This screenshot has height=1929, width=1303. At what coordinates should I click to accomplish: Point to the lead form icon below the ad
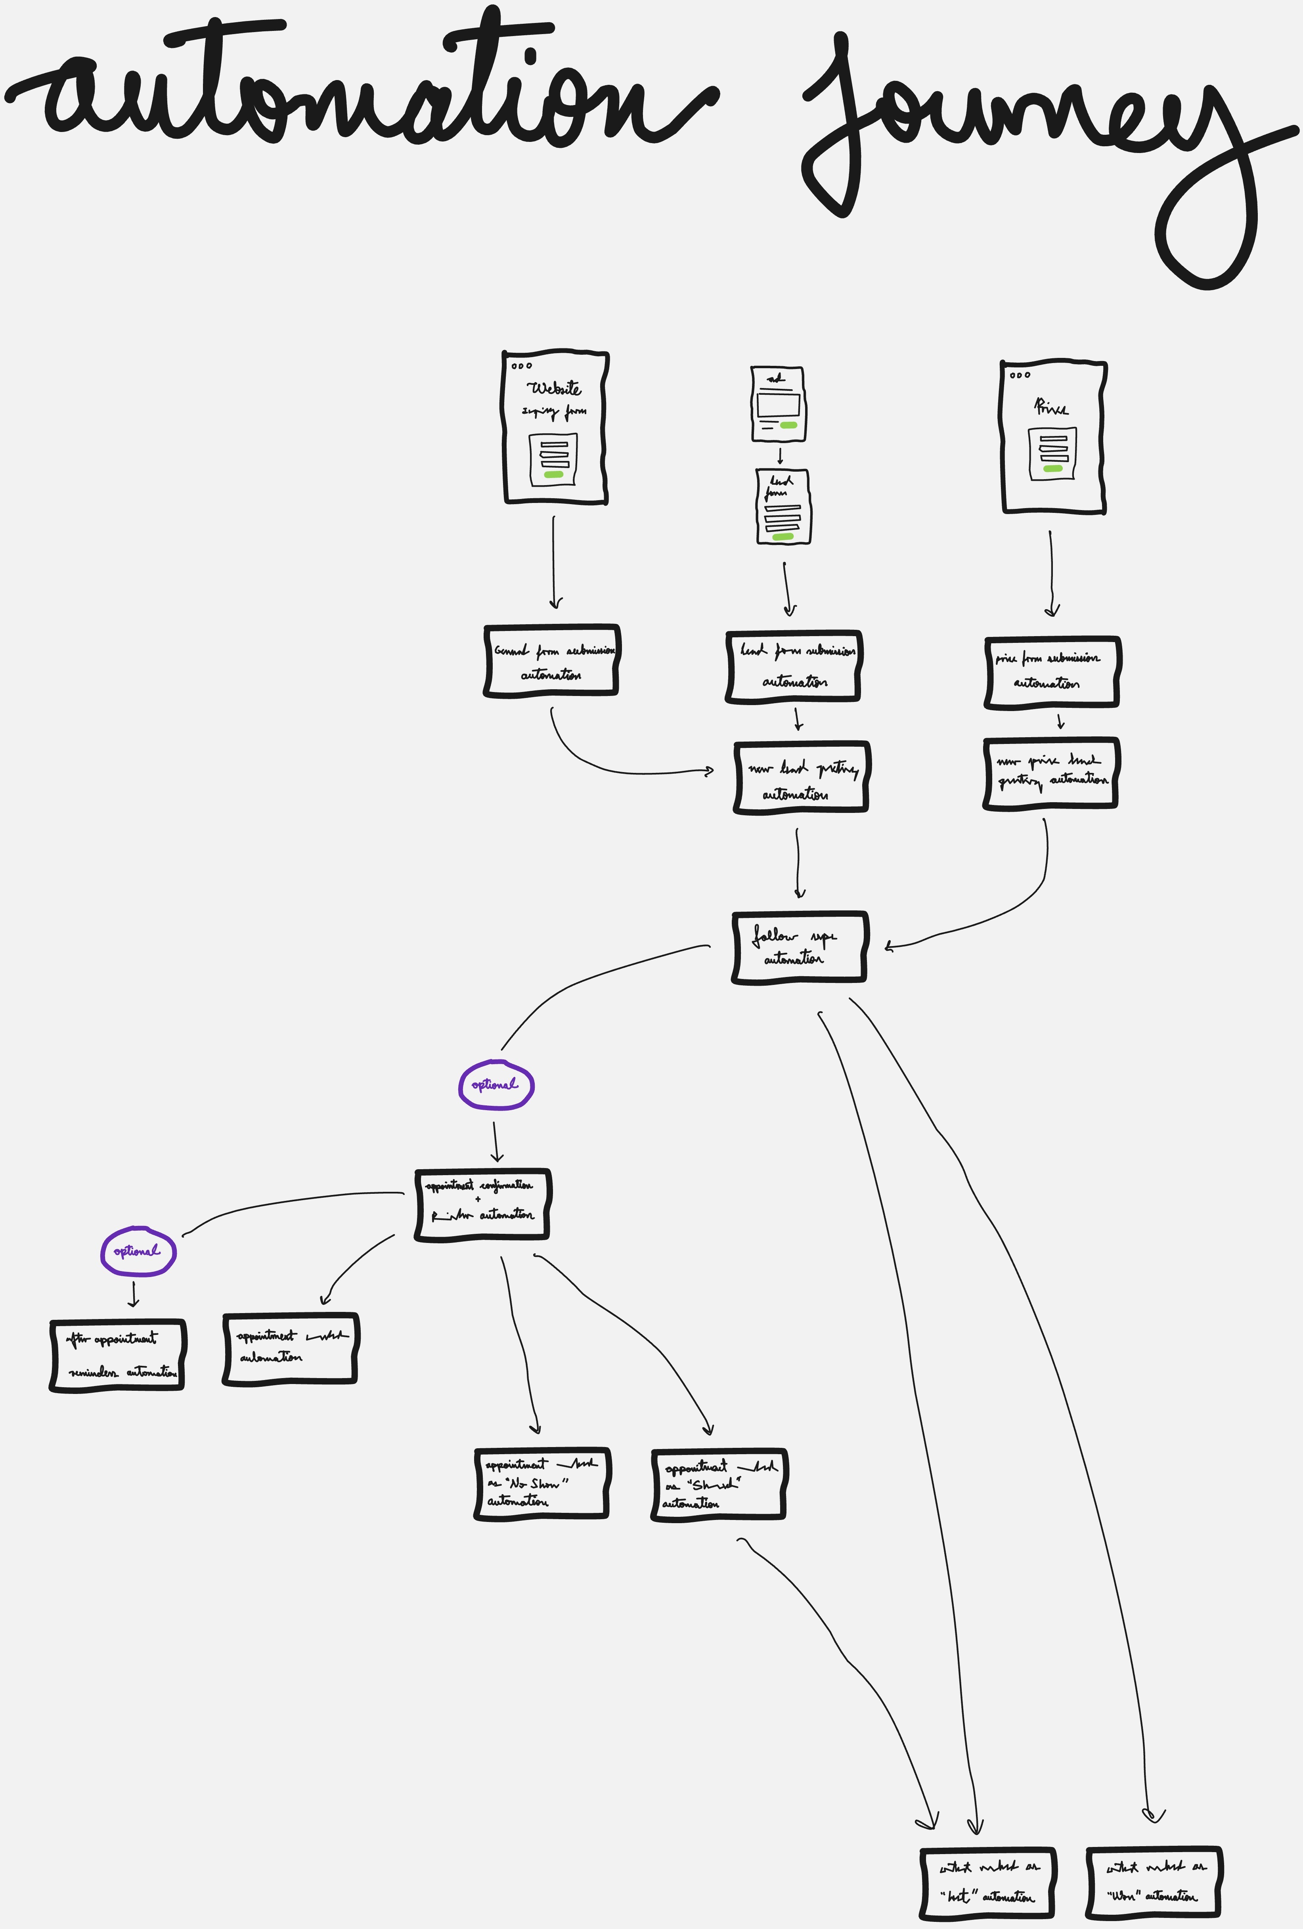(783, 506)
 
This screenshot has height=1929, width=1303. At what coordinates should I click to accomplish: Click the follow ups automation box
(798, 947)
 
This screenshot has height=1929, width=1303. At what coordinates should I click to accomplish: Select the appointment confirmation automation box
(481, 1204)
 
